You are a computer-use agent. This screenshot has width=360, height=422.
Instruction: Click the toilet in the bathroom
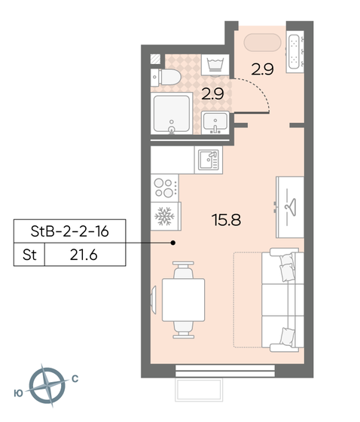(x=166, y=77)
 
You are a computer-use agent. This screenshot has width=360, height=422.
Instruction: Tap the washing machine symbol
(x=215, y=65)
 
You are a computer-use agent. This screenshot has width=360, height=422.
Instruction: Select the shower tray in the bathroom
(x=172, y=113)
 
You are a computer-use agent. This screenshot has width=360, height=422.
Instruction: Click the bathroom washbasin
(x=215, y=123)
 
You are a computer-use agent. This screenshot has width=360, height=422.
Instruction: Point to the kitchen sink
(x=209, y=160)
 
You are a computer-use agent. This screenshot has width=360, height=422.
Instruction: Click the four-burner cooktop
(x=165, y=188)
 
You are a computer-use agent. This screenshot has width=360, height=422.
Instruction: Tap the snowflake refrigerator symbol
(x=165, y=216)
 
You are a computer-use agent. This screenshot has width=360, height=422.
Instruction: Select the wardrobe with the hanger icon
(x=290, y=207)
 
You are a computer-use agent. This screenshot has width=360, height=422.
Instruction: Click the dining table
(x=184, y=300)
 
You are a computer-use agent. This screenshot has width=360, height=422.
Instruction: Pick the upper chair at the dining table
(x=183, y=270)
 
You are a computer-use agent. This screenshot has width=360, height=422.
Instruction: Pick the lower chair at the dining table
(x=184, y=330)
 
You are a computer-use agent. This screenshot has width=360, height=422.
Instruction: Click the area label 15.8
(x=226, y=220)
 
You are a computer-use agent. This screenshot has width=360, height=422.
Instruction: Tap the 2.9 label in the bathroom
(x=212, y=94)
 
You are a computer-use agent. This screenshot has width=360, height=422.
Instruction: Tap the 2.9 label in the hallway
(x=262, y=69)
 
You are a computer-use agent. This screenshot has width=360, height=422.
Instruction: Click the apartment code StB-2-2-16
(x=70, y=231)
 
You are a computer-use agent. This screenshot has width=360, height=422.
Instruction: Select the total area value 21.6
(x=84, y=255)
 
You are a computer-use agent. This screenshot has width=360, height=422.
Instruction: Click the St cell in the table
(x=29, y=255)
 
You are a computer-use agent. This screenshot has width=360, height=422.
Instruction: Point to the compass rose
(x=47, y=386)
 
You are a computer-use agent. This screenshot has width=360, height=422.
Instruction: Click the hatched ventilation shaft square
(x=155, y=60)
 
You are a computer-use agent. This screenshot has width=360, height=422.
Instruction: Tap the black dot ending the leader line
(x=173, y=243)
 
